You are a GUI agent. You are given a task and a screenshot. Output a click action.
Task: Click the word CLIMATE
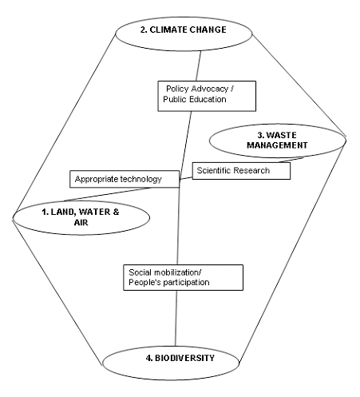(168, 30)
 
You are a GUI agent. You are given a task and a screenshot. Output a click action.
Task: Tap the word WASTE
(281, 135)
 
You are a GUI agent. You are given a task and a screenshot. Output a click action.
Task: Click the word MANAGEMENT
(277, 145)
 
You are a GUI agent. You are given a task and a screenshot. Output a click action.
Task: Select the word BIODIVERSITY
(184, 358)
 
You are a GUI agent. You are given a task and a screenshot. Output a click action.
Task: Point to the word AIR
(81, 222)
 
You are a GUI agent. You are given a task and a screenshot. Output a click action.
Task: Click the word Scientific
(213, 170)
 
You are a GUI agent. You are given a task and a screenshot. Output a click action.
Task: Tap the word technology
(140, 179)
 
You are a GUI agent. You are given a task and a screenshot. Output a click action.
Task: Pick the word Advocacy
(210, 89)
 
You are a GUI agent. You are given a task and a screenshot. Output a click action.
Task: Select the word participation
(186, 282)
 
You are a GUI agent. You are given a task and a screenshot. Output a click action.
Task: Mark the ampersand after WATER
(116, 212)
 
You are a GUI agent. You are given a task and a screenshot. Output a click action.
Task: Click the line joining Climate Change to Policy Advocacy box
(199, 66)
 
